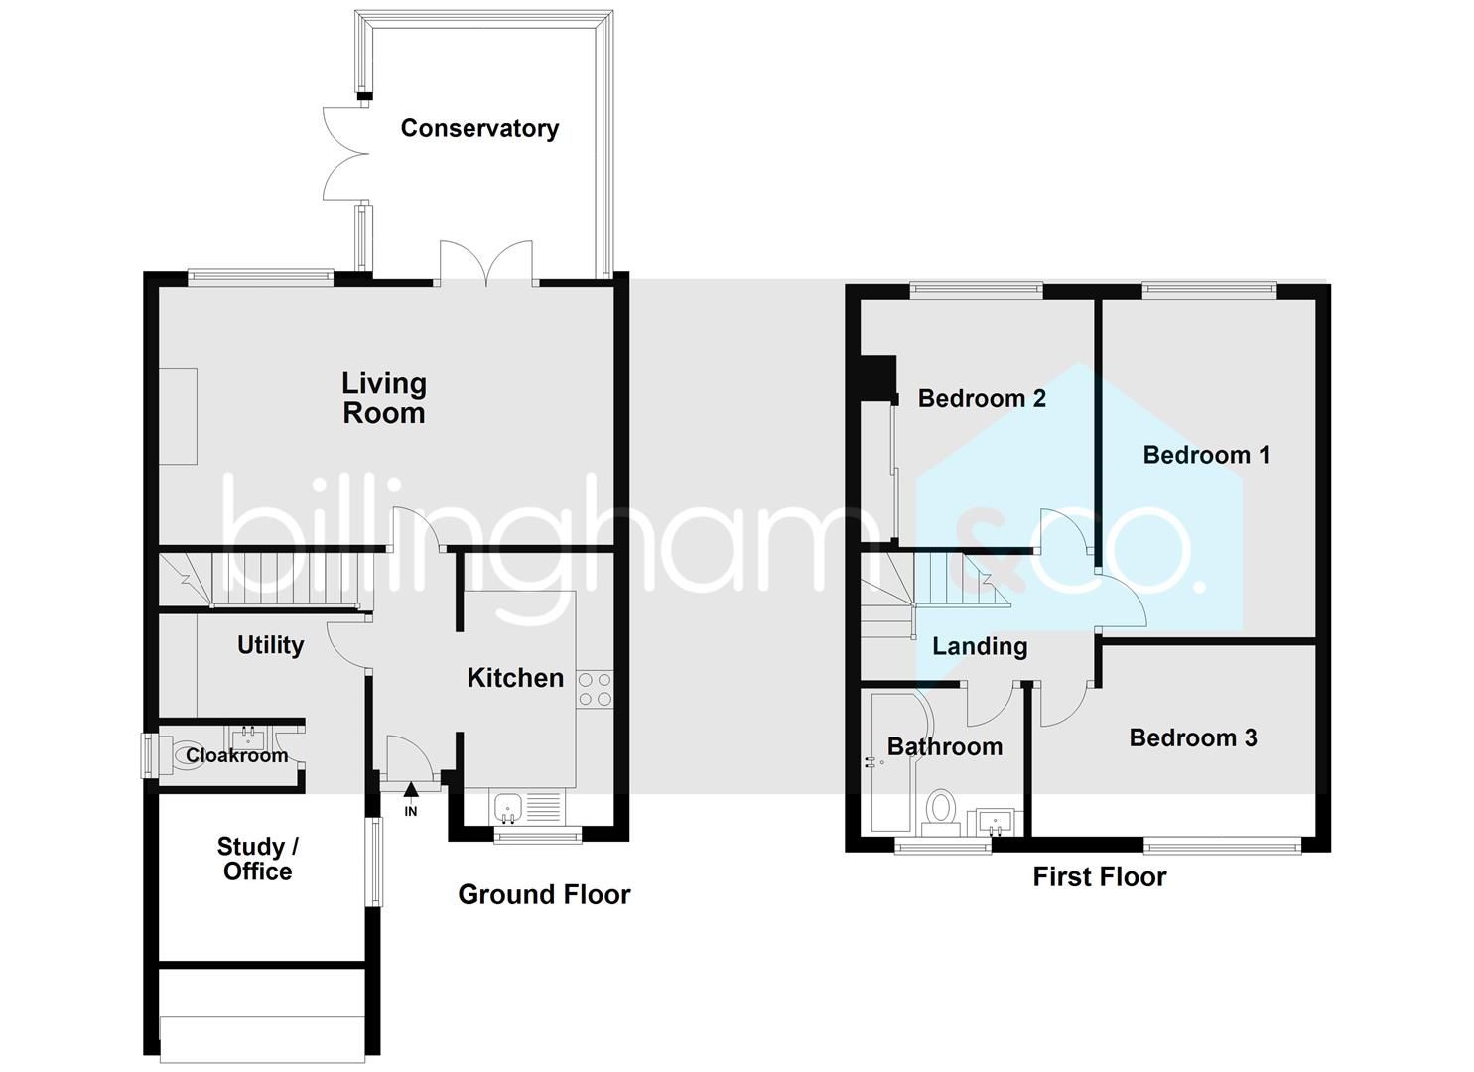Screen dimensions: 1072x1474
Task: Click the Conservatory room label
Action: coord(479,128)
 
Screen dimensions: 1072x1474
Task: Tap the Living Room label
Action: coord(384,398)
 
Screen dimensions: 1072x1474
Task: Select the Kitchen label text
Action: coord(515,678)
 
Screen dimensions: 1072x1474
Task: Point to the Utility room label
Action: coord(270,645)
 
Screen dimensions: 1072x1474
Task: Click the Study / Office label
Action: coord(257,859)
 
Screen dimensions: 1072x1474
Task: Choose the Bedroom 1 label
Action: coord(1206,455)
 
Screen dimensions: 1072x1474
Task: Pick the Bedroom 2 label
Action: coord(982,398)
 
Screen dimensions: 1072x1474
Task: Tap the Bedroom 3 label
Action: coord(1193,737)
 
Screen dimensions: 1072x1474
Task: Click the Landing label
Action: coord(980,646)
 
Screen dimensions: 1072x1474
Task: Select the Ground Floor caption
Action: coord(544,894)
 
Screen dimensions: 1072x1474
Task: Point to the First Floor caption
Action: coord(1099,876)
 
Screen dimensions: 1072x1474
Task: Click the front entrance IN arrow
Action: coord(411,790)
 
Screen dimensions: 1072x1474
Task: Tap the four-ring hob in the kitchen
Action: coord(595,689)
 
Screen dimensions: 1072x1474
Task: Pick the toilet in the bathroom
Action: coord(938,808)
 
